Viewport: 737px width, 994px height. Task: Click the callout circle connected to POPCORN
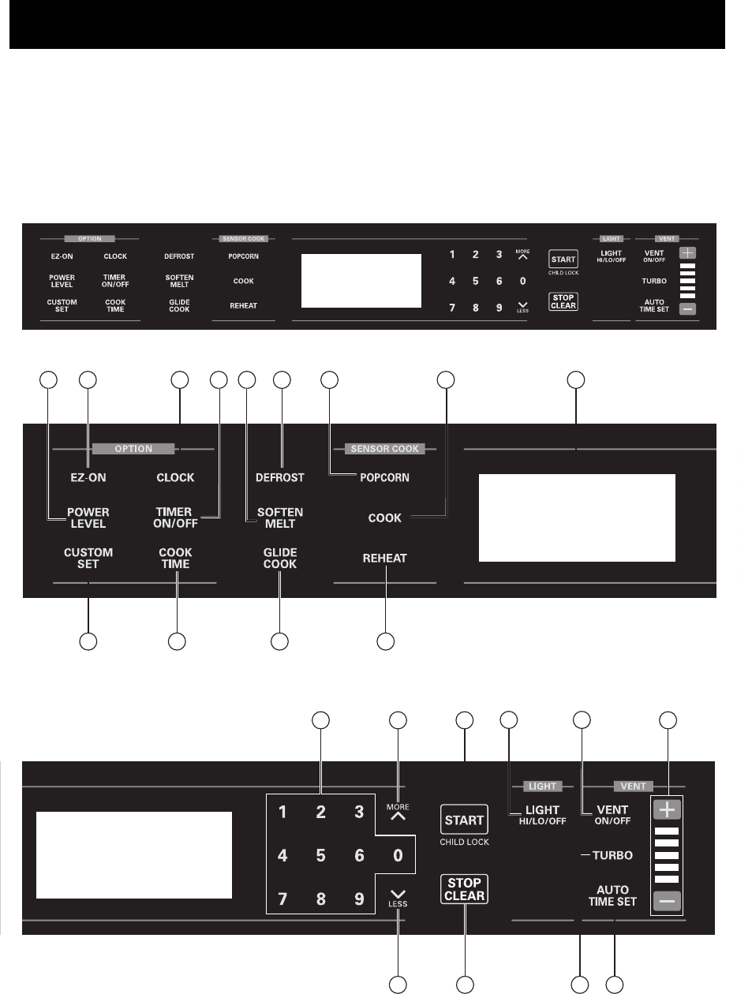click(331, 380)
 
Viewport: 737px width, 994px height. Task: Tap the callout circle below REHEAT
click(385, 642)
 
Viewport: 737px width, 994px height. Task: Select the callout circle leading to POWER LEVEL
click(49, 380)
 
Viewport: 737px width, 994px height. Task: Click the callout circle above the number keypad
click(320, 719)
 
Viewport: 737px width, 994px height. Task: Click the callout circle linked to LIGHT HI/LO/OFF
click(511, 719)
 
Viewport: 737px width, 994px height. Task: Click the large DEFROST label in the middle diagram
click(280, 477)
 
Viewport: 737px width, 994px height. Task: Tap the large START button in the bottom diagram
click(465, 820)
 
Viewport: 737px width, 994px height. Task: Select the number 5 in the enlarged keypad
click(320, 854)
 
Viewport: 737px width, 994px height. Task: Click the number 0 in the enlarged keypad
click(398, 854)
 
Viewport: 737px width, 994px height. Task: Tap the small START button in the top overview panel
click(564, 258)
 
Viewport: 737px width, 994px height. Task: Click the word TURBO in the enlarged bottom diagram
click(612, 855)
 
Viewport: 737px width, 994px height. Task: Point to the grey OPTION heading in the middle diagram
click(133, 449)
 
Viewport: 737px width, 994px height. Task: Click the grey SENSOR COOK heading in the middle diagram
click(385, 449)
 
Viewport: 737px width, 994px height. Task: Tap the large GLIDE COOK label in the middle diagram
click(280, 558)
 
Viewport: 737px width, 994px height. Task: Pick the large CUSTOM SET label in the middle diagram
click(88, 558)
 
